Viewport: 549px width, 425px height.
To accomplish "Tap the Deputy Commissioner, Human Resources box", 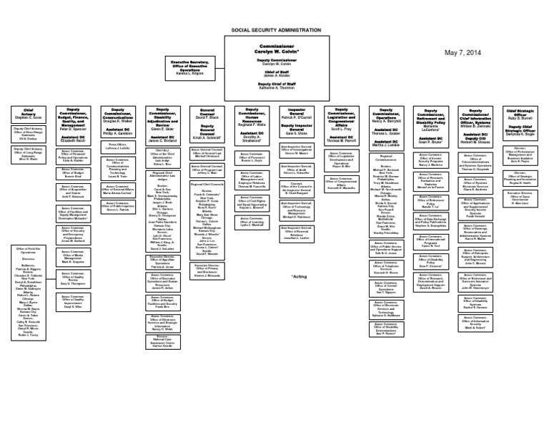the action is [252, 123].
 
